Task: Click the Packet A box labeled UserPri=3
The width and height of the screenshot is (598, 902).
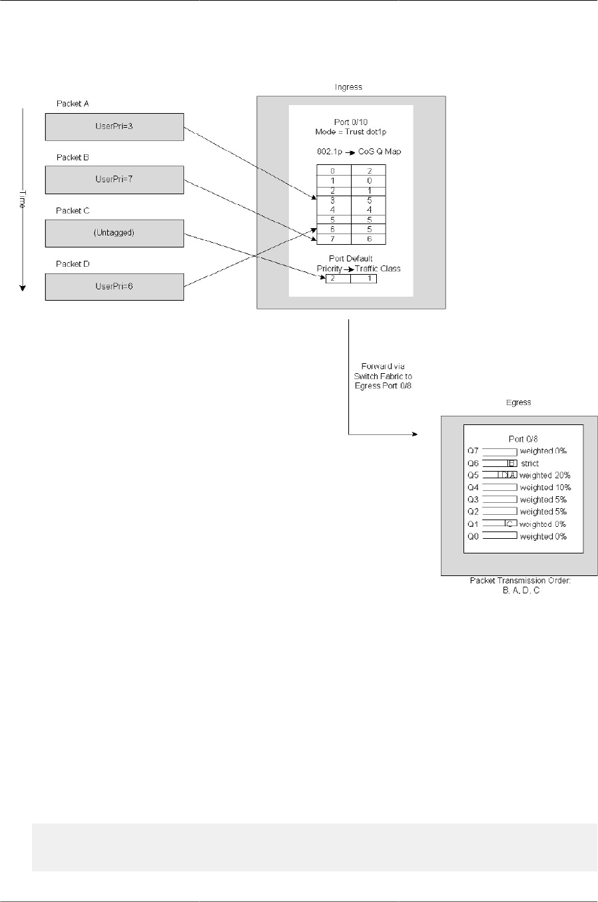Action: click(114, 126)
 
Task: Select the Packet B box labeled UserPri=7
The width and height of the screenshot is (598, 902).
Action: click(114, 180)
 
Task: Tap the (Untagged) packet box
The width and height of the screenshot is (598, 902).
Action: click(114, 233)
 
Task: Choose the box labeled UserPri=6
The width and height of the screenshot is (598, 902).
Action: click(114, 287)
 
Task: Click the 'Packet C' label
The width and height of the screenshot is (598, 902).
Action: click(73, 211)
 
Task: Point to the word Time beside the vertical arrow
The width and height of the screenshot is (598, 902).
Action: click(21, 199)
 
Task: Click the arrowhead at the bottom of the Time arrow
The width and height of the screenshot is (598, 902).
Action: click(23, 287)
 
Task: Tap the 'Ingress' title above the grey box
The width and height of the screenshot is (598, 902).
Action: click(348, 87)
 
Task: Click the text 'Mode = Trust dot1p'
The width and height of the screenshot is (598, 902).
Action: click(350, 132)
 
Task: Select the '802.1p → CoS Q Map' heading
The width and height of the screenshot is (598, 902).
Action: click(359, 152)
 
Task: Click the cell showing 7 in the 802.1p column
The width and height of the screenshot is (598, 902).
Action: click(333, 239)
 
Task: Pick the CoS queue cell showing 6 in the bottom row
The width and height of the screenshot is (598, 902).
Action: click(369, 239)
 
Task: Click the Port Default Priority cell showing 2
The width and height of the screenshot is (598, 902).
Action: click(333, 279)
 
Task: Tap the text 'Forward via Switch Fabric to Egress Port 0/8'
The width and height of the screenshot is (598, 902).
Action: click(383, 376)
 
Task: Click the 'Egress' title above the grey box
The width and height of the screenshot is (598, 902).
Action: click(518, 402)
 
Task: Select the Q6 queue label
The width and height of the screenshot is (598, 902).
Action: click(473, 464)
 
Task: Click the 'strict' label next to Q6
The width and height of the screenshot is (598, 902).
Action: click(530, 464)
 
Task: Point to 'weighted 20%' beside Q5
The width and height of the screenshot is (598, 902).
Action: click(545, 476)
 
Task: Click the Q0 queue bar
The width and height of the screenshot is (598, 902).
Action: click(499, 536)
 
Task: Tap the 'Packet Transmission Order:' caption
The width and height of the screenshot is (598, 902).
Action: click(520, 581)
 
